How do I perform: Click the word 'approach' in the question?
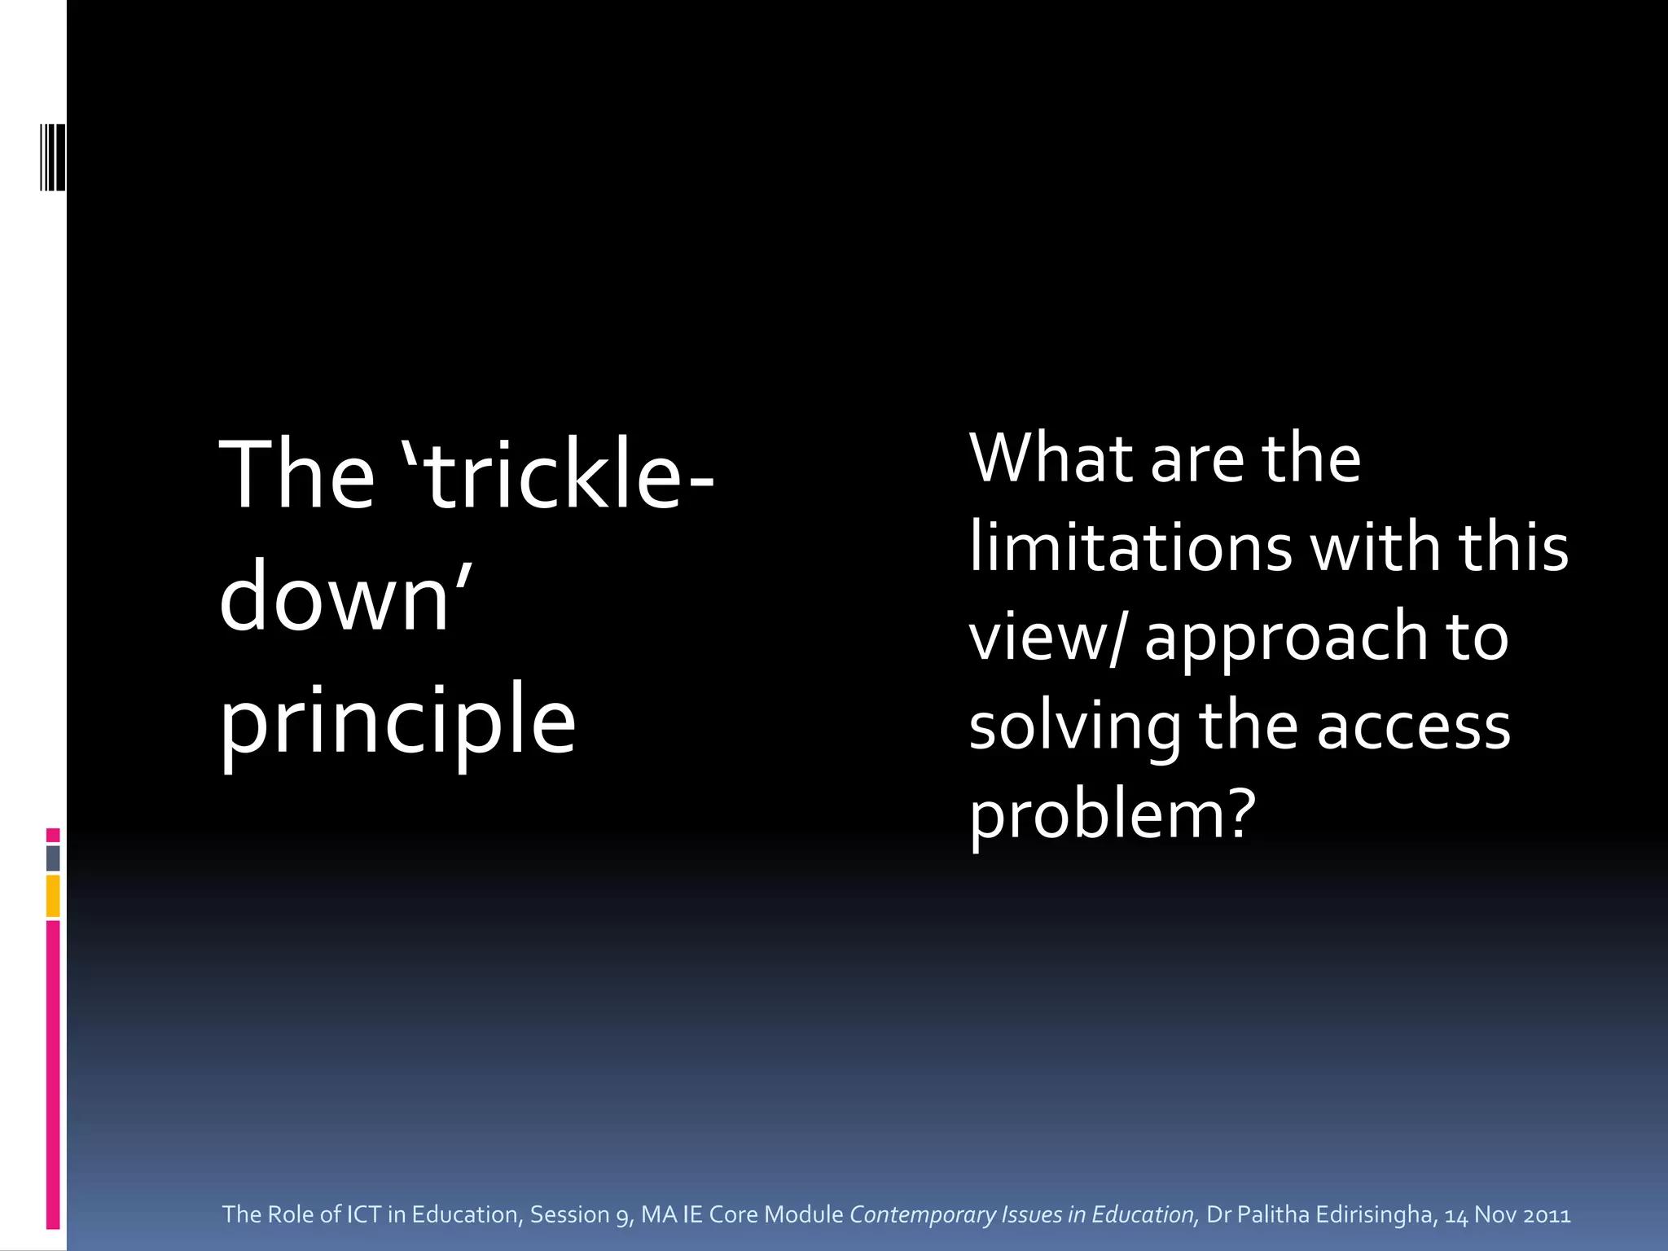click(1287, 637)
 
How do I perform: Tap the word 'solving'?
click(1075, 726)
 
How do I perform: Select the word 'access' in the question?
click(1414, 726)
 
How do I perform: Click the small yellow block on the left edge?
click(53, 896)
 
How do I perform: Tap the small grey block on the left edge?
click(53, 858)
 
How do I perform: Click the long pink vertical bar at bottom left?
click(53, 1075)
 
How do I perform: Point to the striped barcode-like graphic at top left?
click(54, 157)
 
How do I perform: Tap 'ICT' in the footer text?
click(364, 1214)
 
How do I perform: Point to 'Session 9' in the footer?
click(579, 1214)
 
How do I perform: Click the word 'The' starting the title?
click(296, 476)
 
